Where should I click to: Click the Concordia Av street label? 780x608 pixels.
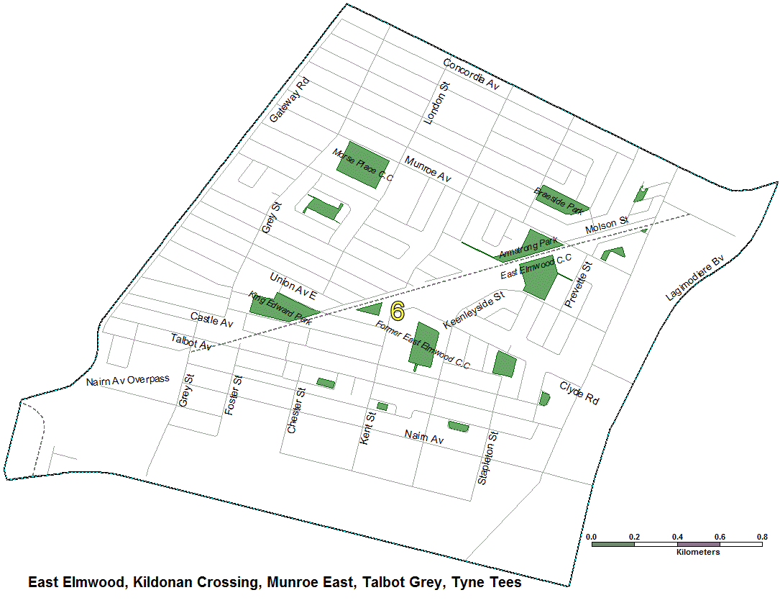click(471, 74)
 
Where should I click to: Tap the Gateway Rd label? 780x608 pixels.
click(290, 99)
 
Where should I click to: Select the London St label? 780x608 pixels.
click(437, 104)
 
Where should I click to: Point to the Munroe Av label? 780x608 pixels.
click(427, 169)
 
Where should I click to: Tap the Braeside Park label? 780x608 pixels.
click(559, 201)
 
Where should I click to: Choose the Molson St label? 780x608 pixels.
click(607, 225)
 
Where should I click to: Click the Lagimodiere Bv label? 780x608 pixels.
click(697, 276)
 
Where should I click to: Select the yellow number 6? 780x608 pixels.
click(397, 311)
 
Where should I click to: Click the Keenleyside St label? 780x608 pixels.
click(474, 310)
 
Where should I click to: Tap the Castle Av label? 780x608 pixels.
click(212, 320)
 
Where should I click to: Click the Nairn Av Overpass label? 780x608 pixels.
click(127, 380)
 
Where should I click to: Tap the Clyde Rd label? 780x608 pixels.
click(579, 393)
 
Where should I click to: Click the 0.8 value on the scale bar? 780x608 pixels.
click(762, 537)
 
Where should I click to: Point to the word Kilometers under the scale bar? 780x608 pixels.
click(698, 553)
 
